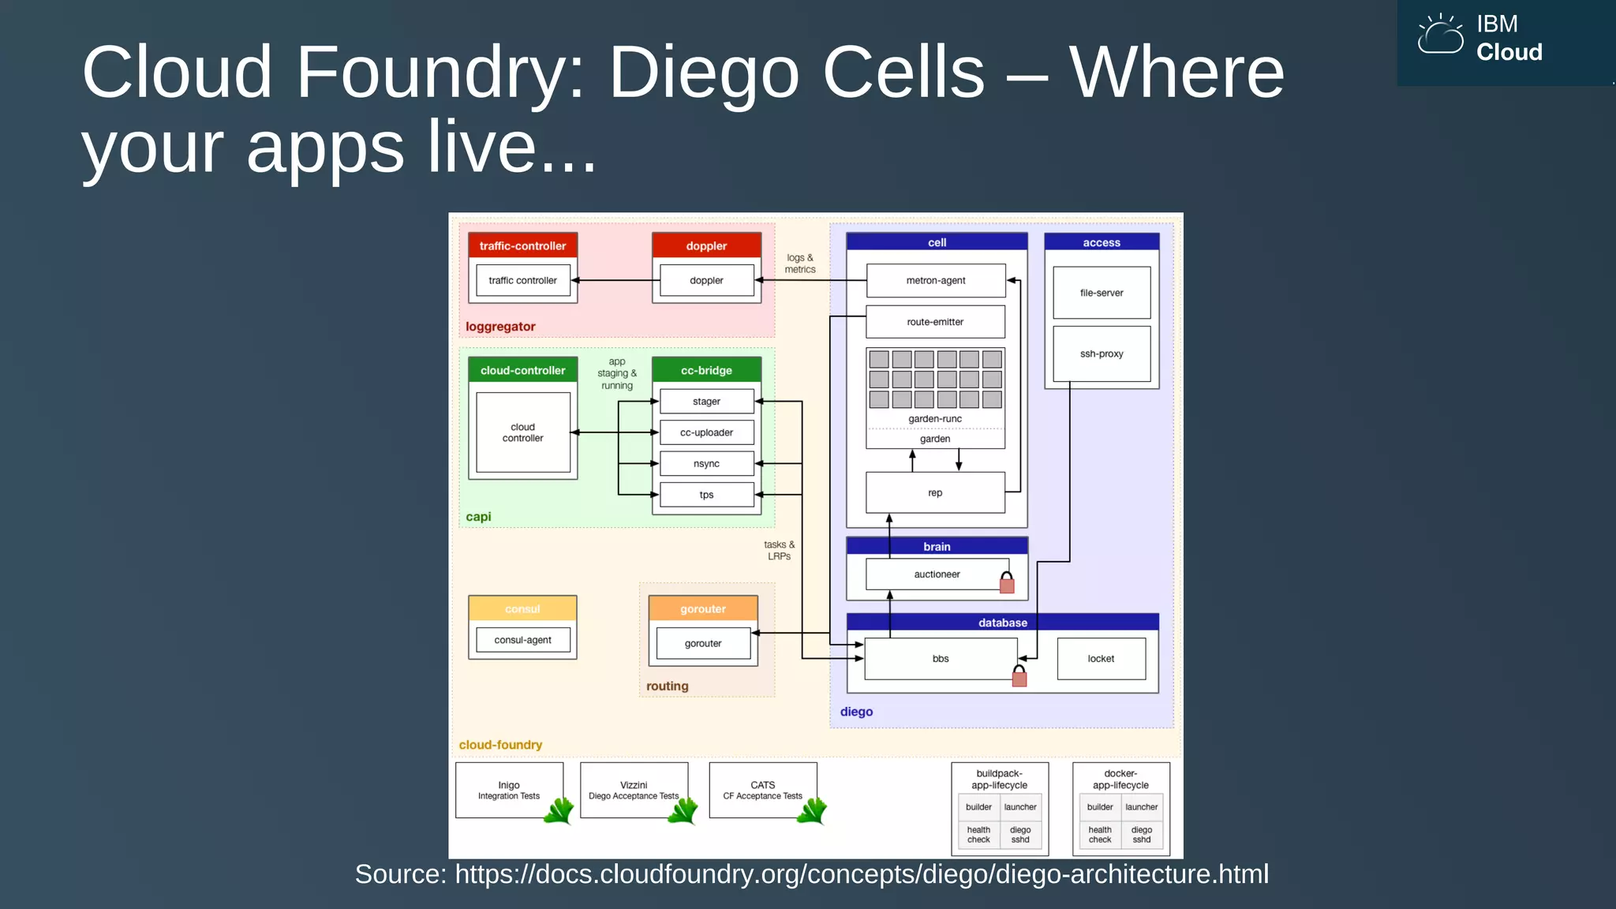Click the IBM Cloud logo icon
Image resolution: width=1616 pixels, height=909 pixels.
[1440, 36]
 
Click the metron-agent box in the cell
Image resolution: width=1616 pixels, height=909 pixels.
[935, 280]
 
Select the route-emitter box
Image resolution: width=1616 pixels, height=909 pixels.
[935, 322]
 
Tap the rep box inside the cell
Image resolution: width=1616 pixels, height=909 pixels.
[935, 492]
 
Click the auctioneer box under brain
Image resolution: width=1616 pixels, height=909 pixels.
[937, 574]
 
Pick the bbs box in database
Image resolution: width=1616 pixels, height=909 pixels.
[941, 658]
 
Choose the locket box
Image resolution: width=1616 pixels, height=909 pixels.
[1101, 658]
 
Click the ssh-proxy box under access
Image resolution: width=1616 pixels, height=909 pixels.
[1102, 353]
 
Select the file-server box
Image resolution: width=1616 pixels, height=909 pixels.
[1102, 293]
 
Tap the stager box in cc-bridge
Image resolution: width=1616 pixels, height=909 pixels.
[706, 401]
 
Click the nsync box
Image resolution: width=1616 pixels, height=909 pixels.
[706, 463]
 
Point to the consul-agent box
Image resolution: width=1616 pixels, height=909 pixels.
[522, 640]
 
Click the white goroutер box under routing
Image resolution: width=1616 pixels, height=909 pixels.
[703, 644]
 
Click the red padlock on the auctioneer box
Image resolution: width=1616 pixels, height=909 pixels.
[1007, 583]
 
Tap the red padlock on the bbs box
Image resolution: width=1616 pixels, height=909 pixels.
[1019, 676]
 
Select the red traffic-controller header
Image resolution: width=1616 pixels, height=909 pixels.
[522, 245]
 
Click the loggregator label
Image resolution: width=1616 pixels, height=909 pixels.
[500, 327]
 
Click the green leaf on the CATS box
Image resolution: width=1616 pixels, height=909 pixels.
[811, 810]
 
